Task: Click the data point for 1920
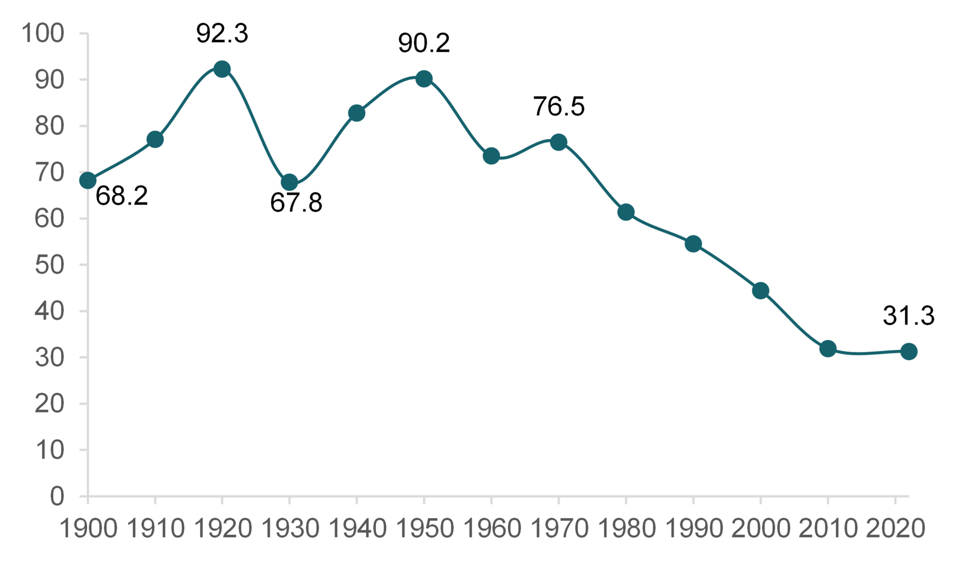(x=222, y=69)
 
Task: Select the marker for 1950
(x=424, y=79)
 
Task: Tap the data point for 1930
(x=289, y=182)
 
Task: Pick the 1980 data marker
(x=626, y=212)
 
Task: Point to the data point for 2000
(x=760, y=290)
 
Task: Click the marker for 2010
(x=828, y=349)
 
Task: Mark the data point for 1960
(x=491, y=156)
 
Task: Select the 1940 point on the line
(x=356, y=113)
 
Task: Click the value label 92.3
(x=222, y=34)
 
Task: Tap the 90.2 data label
(x=424, y=43)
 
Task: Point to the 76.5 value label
(x=558, y=106)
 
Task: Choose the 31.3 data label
(x=908, y=316)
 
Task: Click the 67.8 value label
(x=296, y=203)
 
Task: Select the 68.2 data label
(x=122, y=196)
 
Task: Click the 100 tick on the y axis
(x=43, y=33)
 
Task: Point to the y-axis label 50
(x=50, y=265)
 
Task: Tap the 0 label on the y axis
(x=57, y=496)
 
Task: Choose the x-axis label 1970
(x=559, y=529)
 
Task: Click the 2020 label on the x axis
(x=895, y=529)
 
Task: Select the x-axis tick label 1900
(x=89, y=529)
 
